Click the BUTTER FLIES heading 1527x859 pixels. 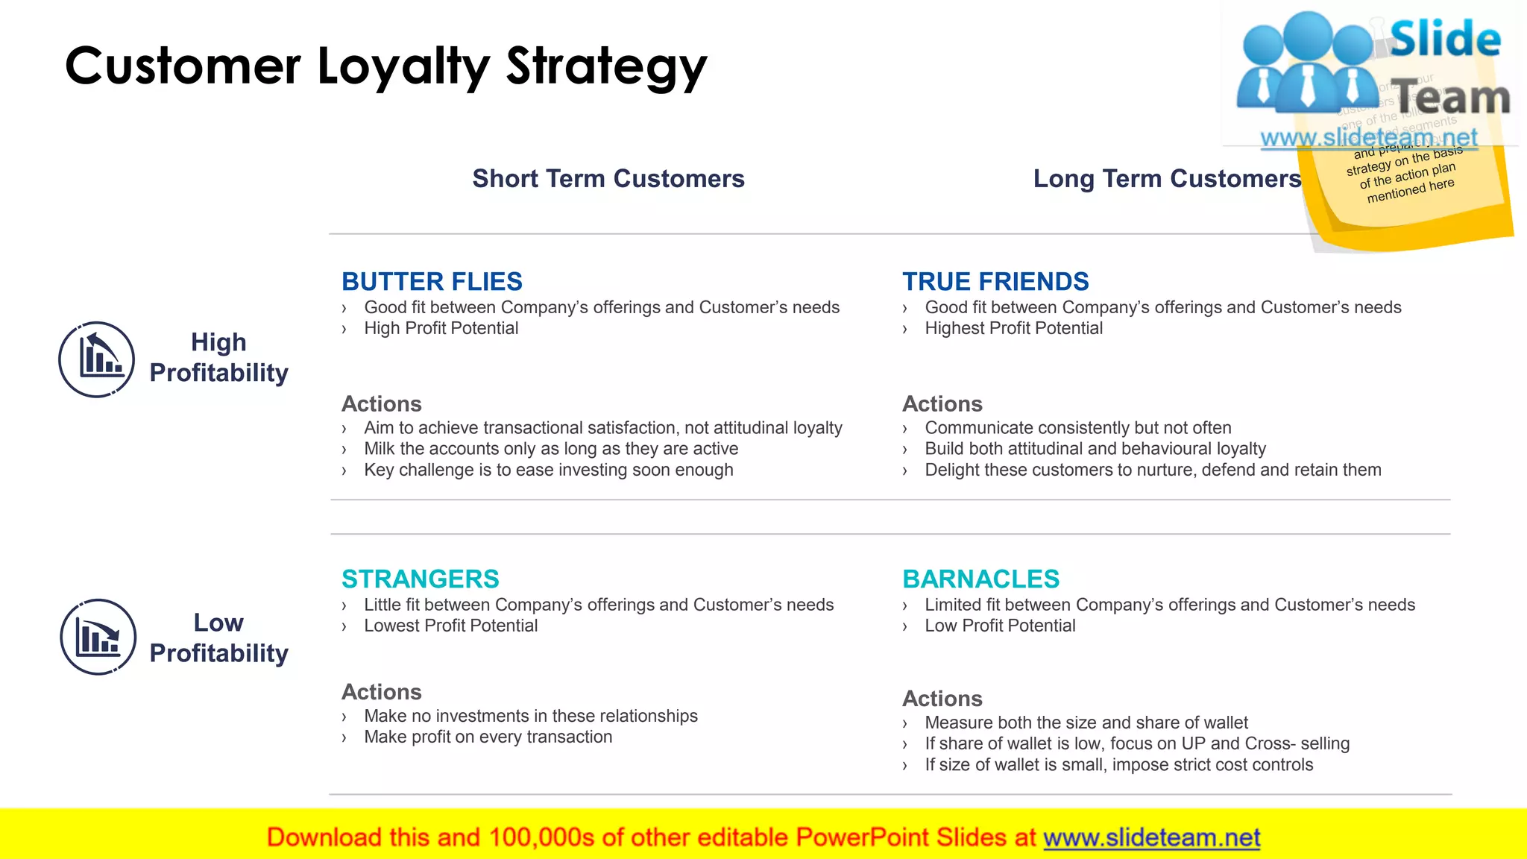pyautogui.click(x=432, y=282)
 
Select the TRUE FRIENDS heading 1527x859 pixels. pyautogui.click(x=995, y=282)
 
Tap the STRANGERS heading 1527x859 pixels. pyautogui.click(x=420, y=579)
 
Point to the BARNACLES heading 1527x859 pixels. pyautogui.click(x=980, y=579)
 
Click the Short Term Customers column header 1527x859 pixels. pyautogui.click(x=608, y=179)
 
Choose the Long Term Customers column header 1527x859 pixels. pyautogui.click(x=1167, y=179)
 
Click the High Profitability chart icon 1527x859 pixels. pyautogui.click(x=97, y=359)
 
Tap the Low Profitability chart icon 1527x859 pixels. pyautogui.click(x=98, y=637)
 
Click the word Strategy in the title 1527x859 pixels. pyautogui.click(x=606, y=67)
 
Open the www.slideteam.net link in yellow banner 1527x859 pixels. pyautogui.click(x=1151, y=838)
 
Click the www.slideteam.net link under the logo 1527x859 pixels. pyautogui.click(x=1368, y=138)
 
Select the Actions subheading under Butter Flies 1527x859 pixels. pyautogui.click(x=381, y=404)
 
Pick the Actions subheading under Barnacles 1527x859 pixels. pyautogui.click(x=942, y=699)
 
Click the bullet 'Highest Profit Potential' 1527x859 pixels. pyautogui.click(x=1013, y=329)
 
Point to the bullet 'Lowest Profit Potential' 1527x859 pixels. pyautogui.click(x=450, y=626)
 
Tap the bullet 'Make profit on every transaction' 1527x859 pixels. pyautogui.click(x=488, y=737)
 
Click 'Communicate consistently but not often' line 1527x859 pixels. pyautogui.click(x=1077, y=428)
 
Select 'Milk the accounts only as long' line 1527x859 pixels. pyautogui.click(x=551, y=449)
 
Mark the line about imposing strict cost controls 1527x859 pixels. pyautogui.click(x=1118, y=765)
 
